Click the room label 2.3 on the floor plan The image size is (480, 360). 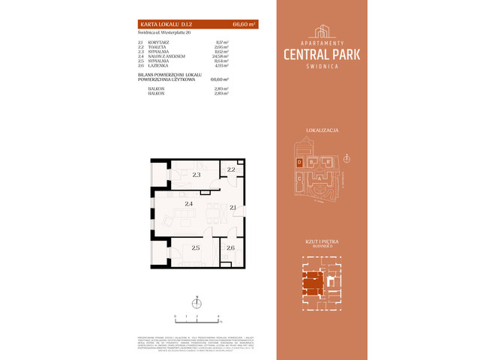[196, 175]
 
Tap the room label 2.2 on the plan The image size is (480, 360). [232, 170]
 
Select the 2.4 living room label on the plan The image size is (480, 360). [190, 203]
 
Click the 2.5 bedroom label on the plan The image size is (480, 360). [196, 247]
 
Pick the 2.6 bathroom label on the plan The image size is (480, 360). [230, 247]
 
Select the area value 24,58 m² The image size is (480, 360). [220, 56]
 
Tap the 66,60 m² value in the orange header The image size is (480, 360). [244, 25]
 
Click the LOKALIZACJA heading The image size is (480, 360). [322, 130]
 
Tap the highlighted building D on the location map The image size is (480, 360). [299, 162]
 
